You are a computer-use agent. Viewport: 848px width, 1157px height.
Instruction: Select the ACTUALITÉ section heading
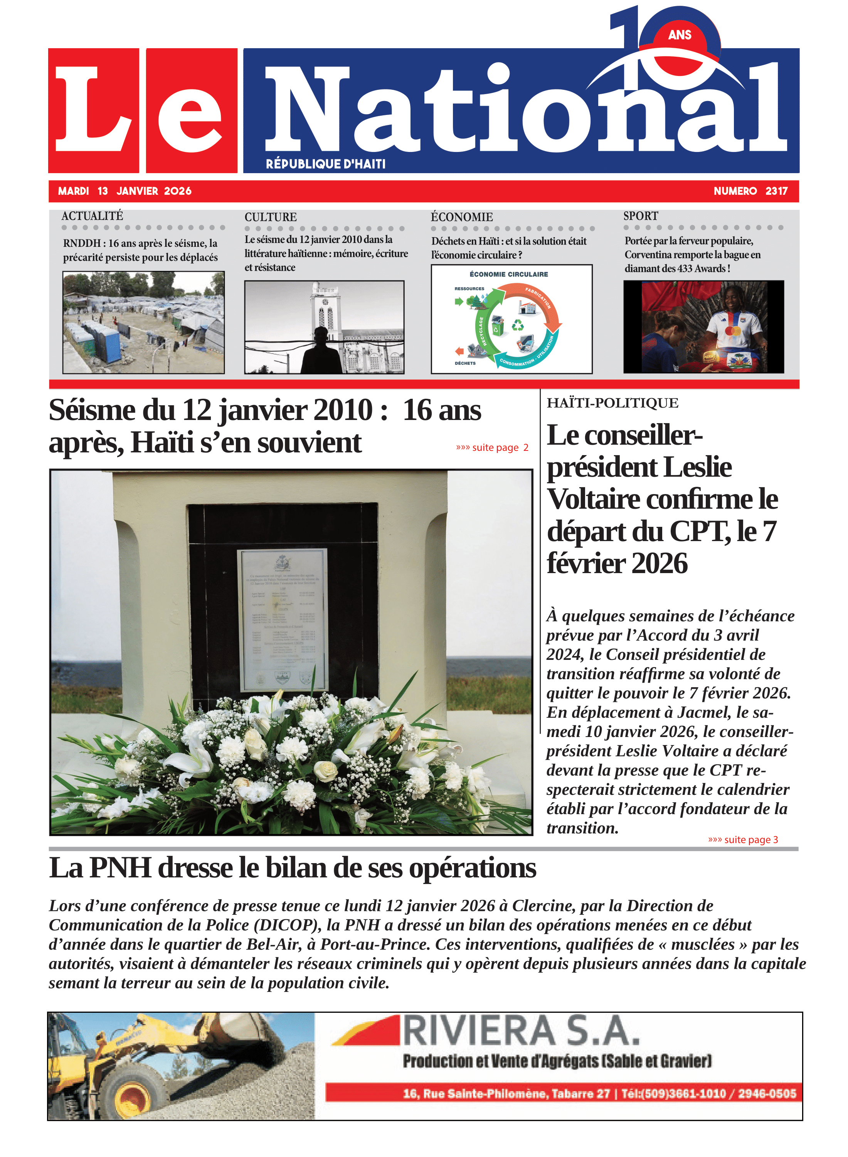tap(93, 216)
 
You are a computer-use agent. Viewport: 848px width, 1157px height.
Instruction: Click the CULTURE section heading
tap(271, 217)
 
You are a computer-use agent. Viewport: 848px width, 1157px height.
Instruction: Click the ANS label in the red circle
tap(680, 35)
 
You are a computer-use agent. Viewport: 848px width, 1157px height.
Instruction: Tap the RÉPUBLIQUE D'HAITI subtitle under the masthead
tap(325, 164)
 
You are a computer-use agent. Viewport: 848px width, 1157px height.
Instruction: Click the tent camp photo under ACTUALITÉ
tap(143, 322)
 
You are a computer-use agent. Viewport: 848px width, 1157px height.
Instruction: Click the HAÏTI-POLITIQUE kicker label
tap(612, 403)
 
